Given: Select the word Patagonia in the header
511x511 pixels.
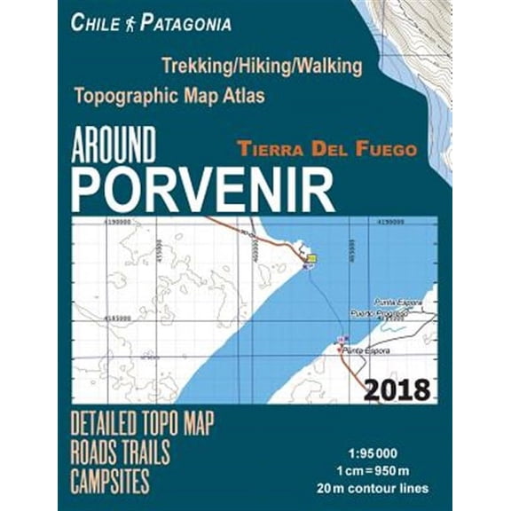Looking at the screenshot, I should [x=184, y=23].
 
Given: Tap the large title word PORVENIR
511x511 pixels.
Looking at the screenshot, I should [x=203, y=189].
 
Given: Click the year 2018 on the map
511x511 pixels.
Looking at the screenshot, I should [x=396, y=389].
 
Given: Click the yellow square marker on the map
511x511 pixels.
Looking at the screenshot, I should [x=311, y=258].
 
